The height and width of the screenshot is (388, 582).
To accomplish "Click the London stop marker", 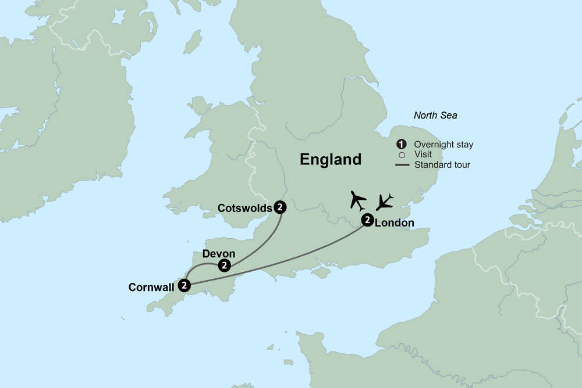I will (x=367, y=220).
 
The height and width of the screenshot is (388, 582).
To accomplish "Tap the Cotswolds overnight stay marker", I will (x=281, y=206).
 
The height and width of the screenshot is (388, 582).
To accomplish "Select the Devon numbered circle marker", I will (x=224, y=265).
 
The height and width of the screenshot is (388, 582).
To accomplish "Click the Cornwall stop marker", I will (x=184, y=285).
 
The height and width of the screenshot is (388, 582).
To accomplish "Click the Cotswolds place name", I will (x=244, y=207).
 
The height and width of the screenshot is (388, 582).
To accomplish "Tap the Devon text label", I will (x=219, y=253).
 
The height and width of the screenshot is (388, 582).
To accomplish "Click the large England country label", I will (x=330, y=159).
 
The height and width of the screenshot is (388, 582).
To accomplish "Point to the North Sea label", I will (x=435, y=116).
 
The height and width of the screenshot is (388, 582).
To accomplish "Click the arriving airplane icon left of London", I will (x=357, y=200).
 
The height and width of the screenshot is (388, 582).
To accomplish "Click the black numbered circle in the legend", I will (x=401, y=144).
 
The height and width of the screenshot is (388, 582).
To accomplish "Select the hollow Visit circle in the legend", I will (x=401, y=155).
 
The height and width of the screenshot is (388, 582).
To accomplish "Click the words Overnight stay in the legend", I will (x=443, y=144).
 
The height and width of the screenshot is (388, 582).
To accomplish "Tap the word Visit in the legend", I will (x=423, y=155).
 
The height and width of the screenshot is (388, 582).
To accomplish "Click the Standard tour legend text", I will (x=442, y=165).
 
